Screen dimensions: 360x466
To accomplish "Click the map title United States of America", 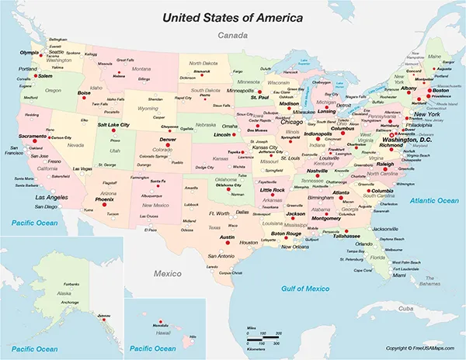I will tap(233, 15).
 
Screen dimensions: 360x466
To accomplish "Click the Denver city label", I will tap(168, 139).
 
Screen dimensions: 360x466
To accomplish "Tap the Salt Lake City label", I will tap(113, 123).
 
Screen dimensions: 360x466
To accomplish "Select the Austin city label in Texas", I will tap(227, 237).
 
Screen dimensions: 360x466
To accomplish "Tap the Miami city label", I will tap(399, 275).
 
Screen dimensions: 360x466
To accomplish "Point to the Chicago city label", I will tap(291, 122).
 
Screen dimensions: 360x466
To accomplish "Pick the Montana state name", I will tap(140, 68).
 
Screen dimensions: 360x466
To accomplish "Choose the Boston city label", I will tap(440, 91).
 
